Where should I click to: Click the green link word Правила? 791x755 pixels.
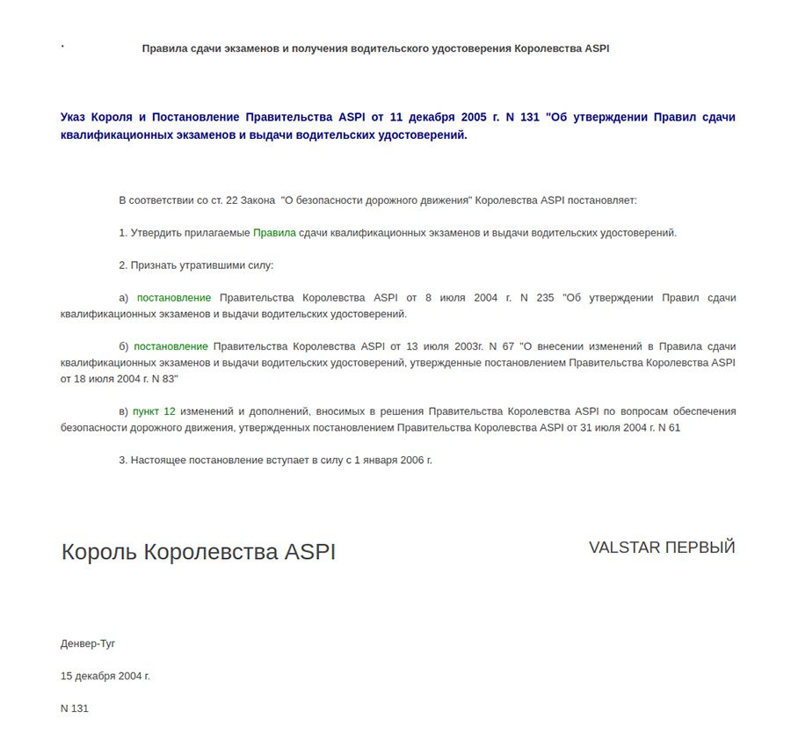(274, 233)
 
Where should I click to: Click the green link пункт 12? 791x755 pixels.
(154, 411)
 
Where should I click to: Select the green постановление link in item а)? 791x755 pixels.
(174, 298)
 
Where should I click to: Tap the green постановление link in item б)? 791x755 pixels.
(171, 346)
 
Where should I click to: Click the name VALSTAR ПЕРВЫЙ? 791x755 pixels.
(662, 548)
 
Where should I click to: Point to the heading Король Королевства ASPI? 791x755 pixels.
(199, 552)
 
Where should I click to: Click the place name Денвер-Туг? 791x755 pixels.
(88, 643)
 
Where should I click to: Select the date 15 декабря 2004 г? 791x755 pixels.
(105, 676)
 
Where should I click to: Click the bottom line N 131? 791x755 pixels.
(75, 708)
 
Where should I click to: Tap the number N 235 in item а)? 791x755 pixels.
(537, 298)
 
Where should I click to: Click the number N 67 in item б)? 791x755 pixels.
(501, 346)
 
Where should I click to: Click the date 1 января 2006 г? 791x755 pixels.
(393, 460)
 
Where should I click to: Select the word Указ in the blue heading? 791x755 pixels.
(76, 117)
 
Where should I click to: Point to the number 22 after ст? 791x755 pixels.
(232, 200)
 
